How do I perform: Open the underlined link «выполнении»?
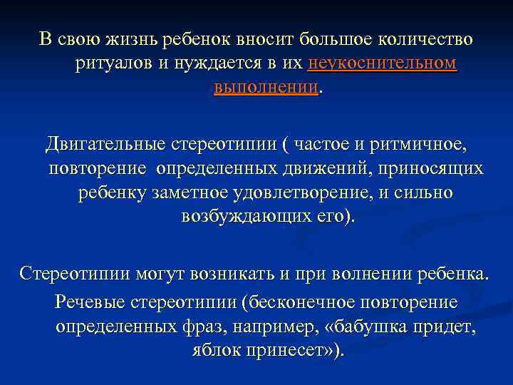tap(266, 87)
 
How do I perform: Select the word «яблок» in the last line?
tap(214, 351)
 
